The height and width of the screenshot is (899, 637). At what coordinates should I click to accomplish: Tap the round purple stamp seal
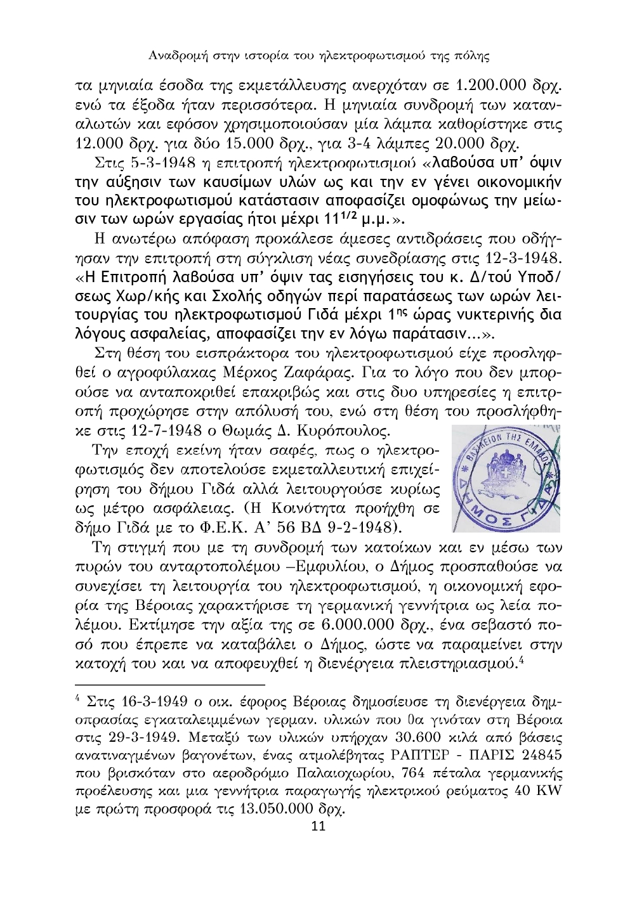(x=506, y=479)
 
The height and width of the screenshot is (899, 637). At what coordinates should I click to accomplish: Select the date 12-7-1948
(x=166, y=431)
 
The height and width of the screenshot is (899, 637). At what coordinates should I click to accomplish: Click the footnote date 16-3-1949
(x=152, y=702)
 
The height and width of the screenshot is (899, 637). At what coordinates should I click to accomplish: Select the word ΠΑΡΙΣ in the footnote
(x=483, y=756)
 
